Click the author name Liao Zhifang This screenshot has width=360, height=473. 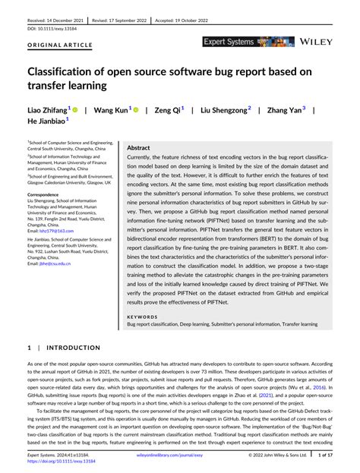click(x=47, y=109)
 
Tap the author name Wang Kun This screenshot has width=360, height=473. click(x=109, y=109)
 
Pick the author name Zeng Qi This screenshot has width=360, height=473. click(x=166, y=109)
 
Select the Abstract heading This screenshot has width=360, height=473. click(x=138, y=148)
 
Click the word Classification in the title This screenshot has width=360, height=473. click(x=66, y=71)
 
